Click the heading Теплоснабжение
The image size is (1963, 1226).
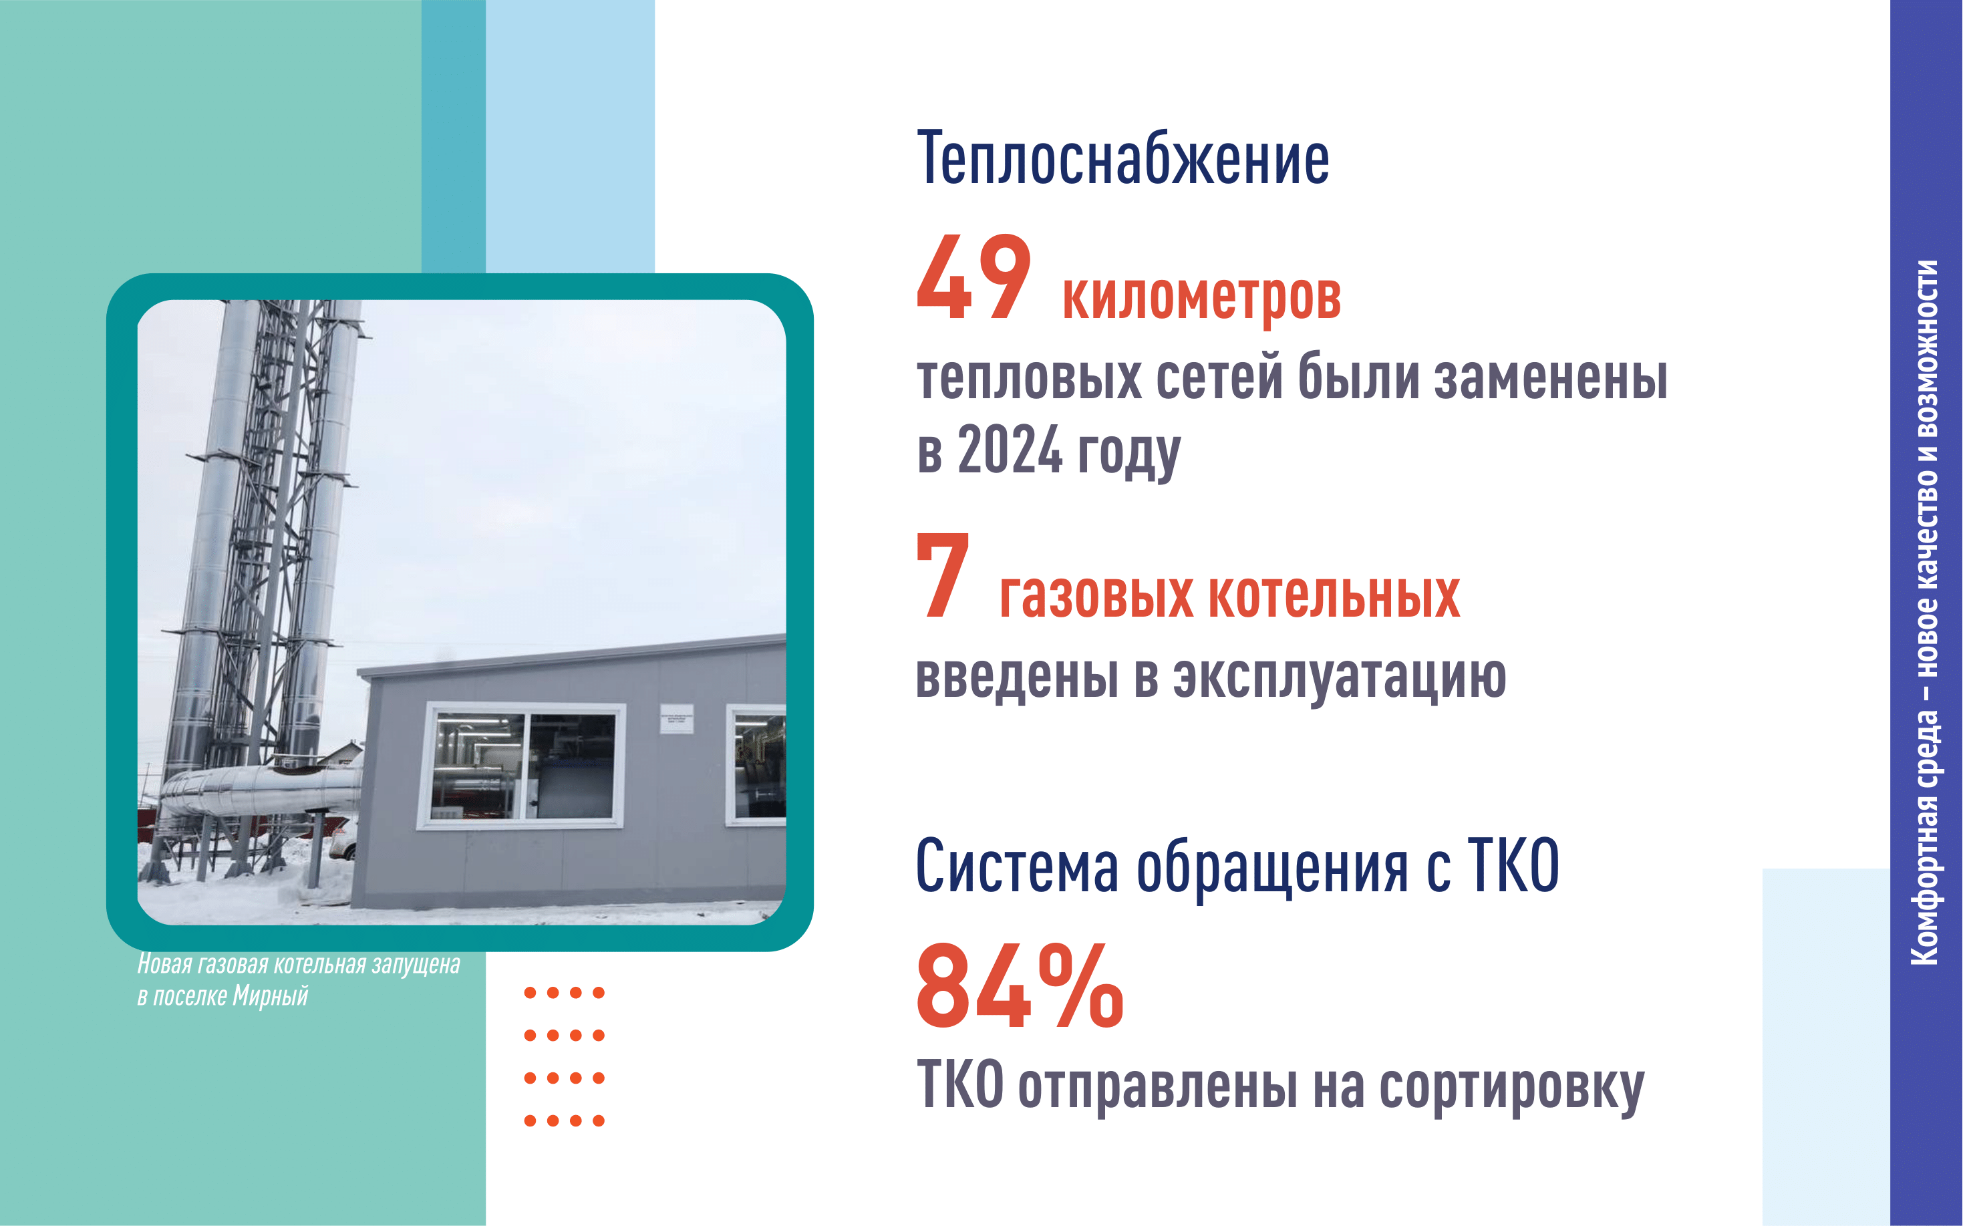tap(1123, 159)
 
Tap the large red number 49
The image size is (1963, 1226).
tap(973, 277)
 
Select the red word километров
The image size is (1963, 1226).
tap(1201, 299)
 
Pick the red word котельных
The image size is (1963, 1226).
tap(1335, 596)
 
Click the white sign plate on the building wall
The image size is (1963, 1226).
tap(676, 718)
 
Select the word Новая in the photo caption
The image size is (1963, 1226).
tap(164, 964)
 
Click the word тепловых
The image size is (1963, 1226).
tap(1030, 379)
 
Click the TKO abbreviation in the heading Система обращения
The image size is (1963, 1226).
tap(1513, 865)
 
